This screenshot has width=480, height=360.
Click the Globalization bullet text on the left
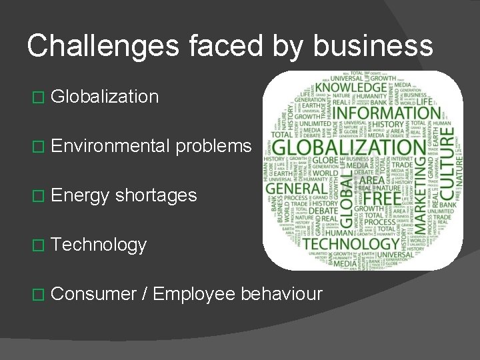click(104, 97)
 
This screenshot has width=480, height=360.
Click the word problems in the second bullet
click(214, 147)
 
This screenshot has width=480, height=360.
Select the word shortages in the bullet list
click(156, 195)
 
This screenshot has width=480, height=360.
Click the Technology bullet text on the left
click(98, 245)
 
